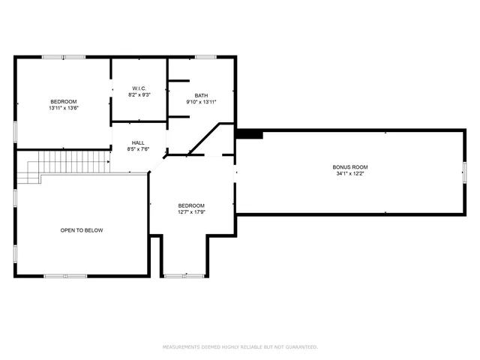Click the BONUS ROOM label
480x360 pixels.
tap(350, 166)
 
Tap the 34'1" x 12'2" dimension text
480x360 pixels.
tap(350, 174)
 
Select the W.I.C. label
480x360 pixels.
tap(139, 88)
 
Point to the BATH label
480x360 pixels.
tap(201, 95)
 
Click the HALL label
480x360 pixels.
tap(139, 142)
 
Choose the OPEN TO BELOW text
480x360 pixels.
tap(82, 230)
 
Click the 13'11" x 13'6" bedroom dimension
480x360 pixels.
tap(64, 108)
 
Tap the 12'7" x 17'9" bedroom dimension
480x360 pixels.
tap(191, 212)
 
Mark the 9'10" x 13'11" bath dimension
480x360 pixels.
tap(201, 102)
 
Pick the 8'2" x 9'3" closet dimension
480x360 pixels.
tap(139, 94)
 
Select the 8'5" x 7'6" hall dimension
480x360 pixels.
tap(139, 149)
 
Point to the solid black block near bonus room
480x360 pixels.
tap(250, 134)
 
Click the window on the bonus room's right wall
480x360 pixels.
tap(463, 172)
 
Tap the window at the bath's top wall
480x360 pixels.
tap(205, 56)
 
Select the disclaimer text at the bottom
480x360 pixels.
tap(240, 346)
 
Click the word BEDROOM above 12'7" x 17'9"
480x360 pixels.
tap(191, 205)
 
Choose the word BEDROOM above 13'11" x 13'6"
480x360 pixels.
tap(64, 101)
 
